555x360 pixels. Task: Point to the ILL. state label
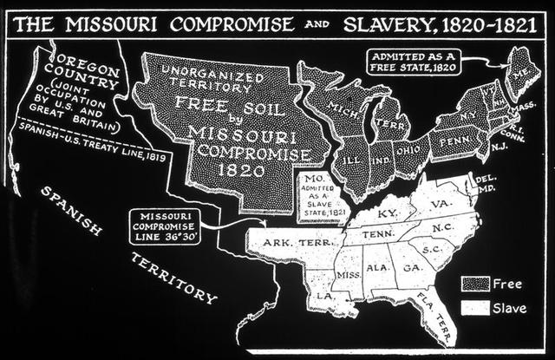354,160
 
